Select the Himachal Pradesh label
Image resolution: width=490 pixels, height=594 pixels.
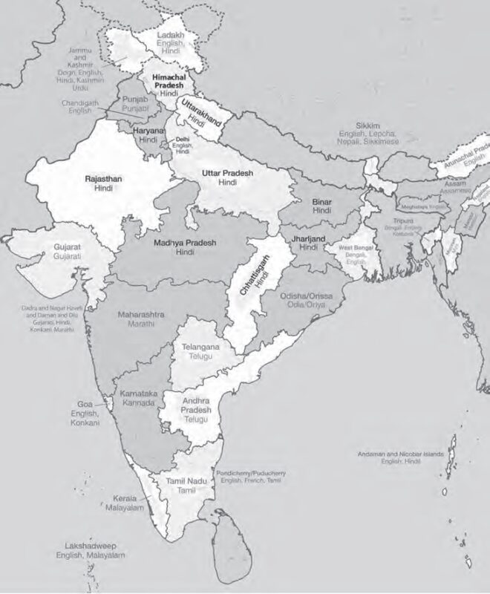pyautogui.click(x=168, y=80)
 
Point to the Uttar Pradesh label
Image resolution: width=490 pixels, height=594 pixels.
pyautogui.click(x=228, y=173)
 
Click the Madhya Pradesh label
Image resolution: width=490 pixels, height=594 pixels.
pyautogui.click(x=184, y=243)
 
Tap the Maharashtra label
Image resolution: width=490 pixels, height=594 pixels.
pyautogui.click(x=141, y=315)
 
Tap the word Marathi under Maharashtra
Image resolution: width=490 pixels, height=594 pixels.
pyautogui.click(x=140, y=324)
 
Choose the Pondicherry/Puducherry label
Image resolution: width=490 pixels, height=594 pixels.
pyautogui.click(x=250, y=473)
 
